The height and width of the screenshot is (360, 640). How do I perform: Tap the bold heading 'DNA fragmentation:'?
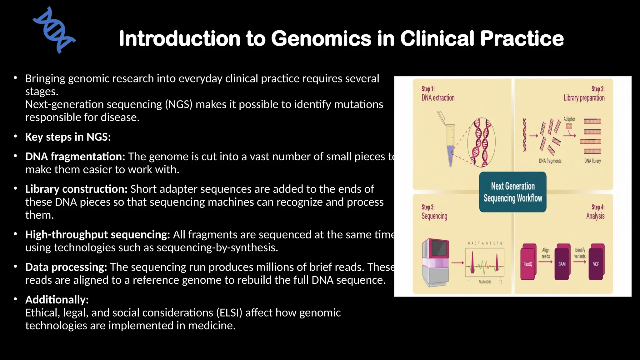[x=75, y=157]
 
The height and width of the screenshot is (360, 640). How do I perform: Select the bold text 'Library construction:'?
[x=76, y=189]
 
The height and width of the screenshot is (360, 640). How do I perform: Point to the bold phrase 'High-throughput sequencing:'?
[x=97, y=235]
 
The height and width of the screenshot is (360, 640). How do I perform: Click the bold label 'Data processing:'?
[x=66, y=267]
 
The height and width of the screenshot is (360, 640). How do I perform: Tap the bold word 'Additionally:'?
[x=57, y=300]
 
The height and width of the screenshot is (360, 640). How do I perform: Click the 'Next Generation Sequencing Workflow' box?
[x=512, y=192]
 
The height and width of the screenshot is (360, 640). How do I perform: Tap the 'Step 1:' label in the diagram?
[x=428, y=89]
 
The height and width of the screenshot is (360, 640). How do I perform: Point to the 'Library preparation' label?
[x=584, y=98]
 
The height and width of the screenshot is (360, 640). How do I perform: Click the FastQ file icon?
[x=528, y=262]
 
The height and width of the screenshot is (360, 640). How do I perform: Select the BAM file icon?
[x=562, y=262]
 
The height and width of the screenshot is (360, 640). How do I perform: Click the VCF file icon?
[x=596, y=262]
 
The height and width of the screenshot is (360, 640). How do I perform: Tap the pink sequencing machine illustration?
[x=436, y=262]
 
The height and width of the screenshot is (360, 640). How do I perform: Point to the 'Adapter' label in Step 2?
[x=569, y=119]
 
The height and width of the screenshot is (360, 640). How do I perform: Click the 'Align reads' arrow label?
[x=546, y=253]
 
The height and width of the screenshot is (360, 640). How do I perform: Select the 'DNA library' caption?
[x=592, y=161]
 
